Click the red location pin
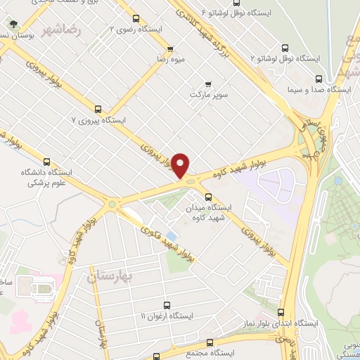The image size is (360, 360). (181, 165)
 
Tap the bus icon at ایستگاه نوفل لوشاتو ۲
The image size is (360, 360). (284, 48)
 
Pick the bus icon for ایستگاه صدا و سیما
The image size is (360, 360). (319, 79)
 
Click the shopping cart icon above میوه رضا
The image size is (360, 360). (170, 49)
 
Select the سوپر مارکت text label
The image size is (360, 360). (208, 94)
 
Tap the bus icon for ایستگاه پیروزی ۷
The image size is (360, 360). (98, 109)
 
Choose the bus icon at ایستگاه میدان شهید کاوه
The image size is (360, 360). (207, 197)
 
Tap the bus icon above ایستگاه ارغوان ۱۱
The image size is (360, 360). (167, 305)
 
